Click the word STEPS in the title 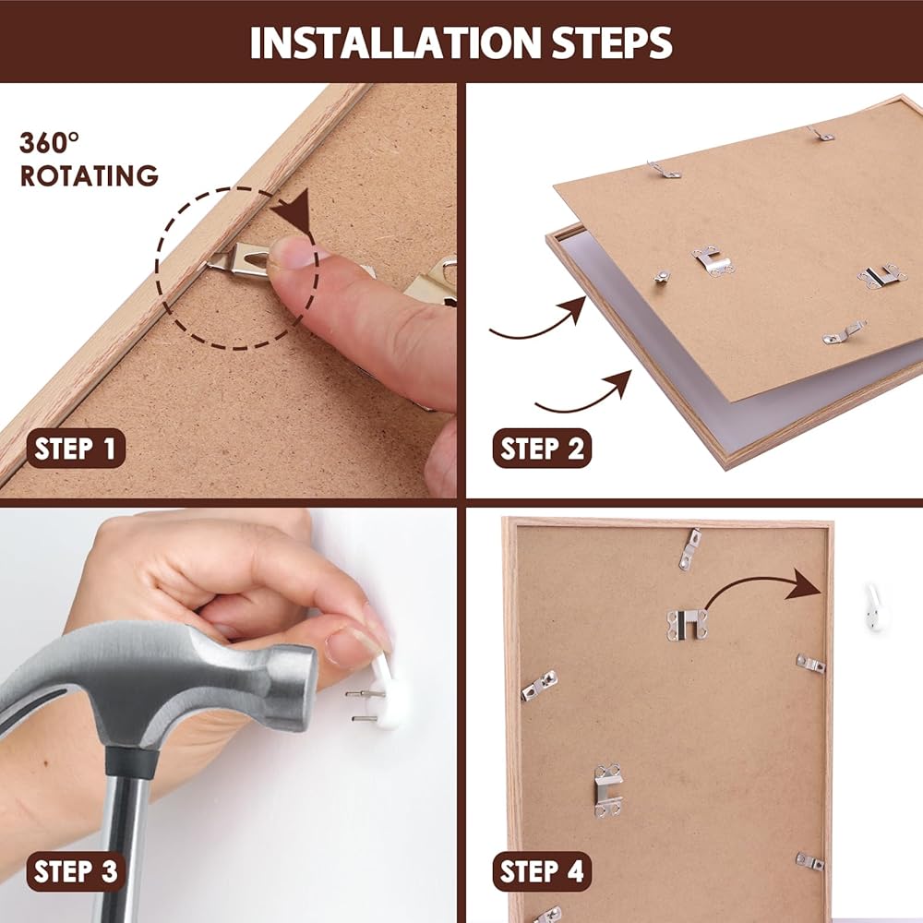[612, 42]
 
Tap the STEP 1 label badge [76, 448]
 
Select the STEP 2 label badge [542, 448]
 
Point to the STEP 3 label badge [76, 871]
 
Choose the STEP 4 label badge [542, 871]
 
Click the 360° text [49, 143]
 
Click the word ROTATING [89, 175]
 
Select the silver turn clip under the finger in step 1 [238, 258]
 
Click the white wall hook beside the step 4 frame [873, 607]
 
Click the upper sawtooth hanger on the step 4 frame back [687, 625]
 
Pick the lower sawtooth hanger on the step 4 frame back [608, 790]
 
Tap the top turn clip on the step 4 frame [689, 548]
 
